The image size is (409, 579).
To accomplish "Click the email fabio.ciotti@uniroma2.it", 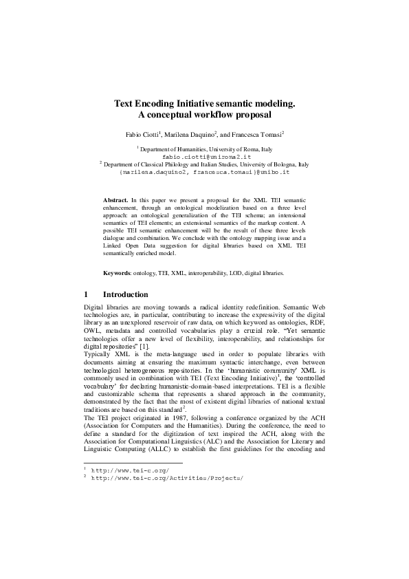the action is click(x=204, y=157).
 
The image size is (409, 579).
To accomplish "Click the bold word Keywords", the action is click(x=117, y=273).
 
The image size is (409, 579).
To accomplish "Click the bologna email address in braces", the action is click(x=204, y=174).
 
